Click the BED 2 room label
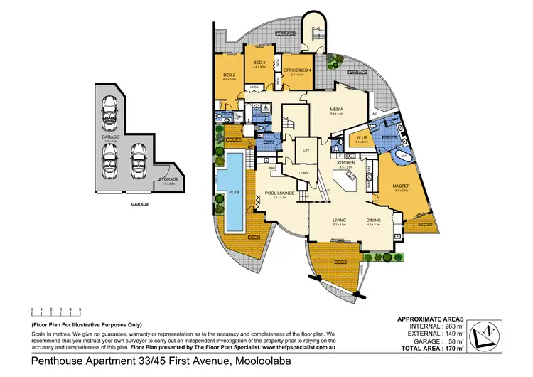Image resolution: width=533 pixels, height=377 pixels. pos(229,75)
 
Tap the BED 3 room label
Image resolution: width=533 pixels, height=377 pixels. pos(259,63)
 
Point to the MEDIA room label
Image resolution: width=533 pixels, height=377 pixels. pos(336,109)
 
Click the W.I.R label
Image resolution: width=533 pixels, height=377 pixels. pos(361,138)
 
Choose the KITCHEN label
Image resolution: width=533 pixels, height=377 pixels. pos(345,163)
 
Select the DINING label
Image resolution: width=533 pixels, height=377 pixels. pos(373,220)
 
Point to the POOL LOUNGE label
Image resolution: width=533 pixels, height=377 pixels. pos(275,192)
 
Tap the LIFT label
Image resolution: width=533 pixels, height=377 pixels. pos(306,152)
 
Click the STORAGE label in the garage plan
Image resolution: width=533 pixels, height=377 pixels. pos(168,179)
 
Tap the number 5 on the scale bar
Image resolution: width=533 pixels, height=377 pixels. pos(80,309)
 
